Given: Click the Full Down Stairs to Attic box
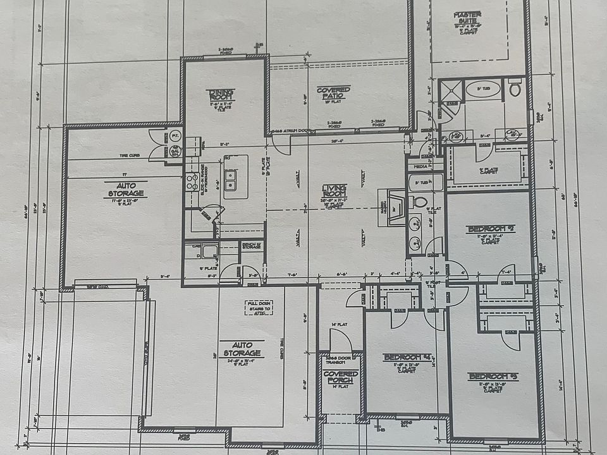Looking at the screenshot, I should point(259,308).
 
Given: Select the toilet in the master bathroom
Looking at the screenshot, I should point(515,88).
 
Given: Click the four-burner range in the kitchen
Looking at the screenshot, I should point(190,183).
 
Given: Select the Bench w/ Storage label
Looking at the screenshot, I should point(251,246).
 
